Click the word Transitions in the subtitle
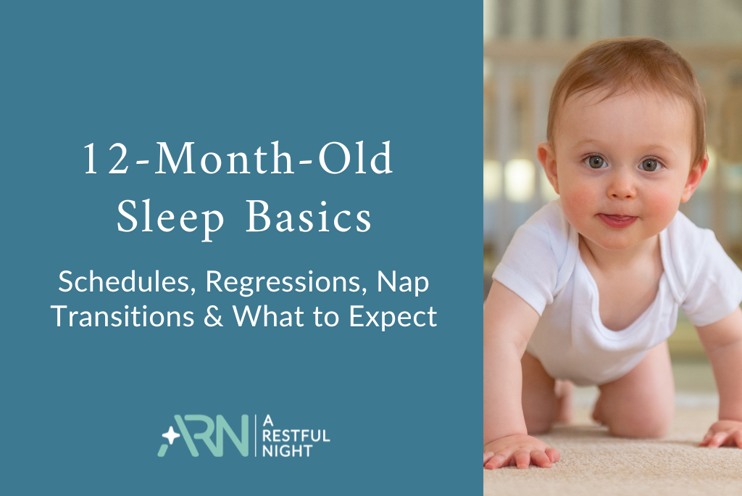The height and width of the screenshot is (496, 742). (x=117, y=317)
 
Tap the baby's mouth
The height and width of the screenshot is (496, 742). (x=618, y=220)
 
